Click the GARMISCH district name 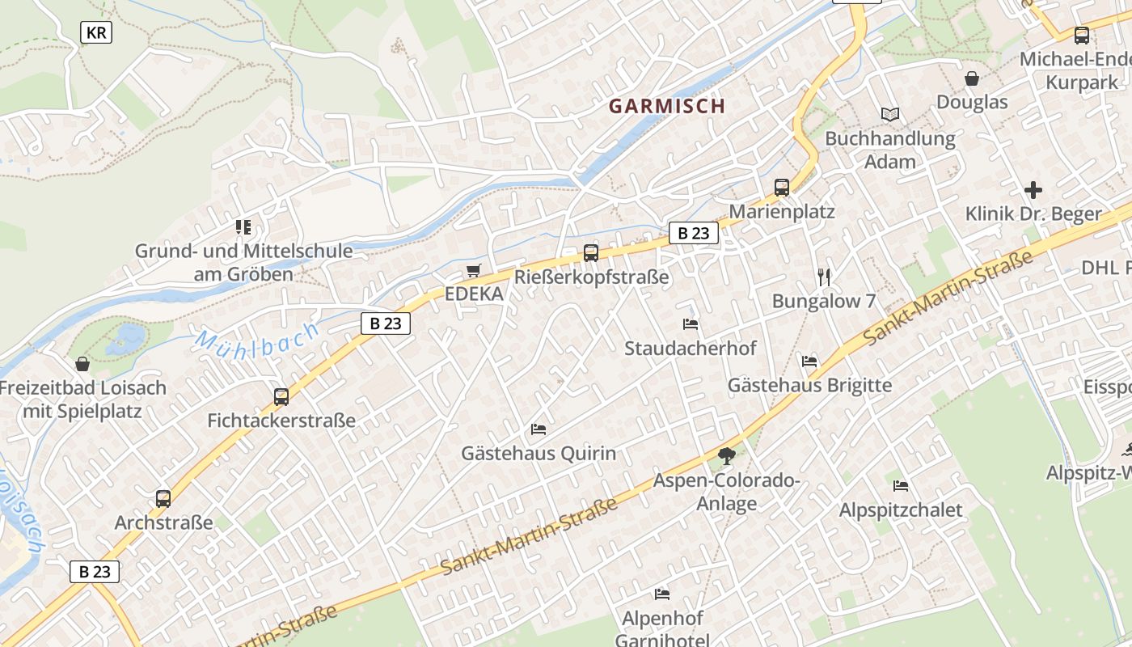pos(666,106)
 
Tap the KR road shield pos(96,32)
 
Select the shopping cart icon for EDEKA pos(474,270)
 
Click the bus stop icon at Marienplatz pos(782,188)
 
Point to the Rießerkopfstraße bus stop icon pos(591,253)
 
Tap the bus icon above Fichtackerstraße pos(281,397)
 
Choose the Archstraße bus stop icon pos(163,499)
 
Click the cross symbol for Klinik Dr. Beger pos(1033,191)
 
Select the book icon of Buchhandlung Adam pos(889,115)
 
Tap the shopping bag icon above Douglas pos(972,78)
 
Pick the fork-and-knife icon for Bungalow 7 pos(824,277)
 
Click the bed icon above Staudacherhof pos(691,324)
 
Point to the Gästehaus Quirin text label pos(539,453)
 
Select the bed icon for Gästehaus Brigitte pos(809,361)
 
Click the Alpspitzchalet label pos(901,510)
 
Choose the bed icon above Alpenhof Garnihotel pos(662,594)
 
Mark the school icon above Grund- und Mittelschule pos(243,227)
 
